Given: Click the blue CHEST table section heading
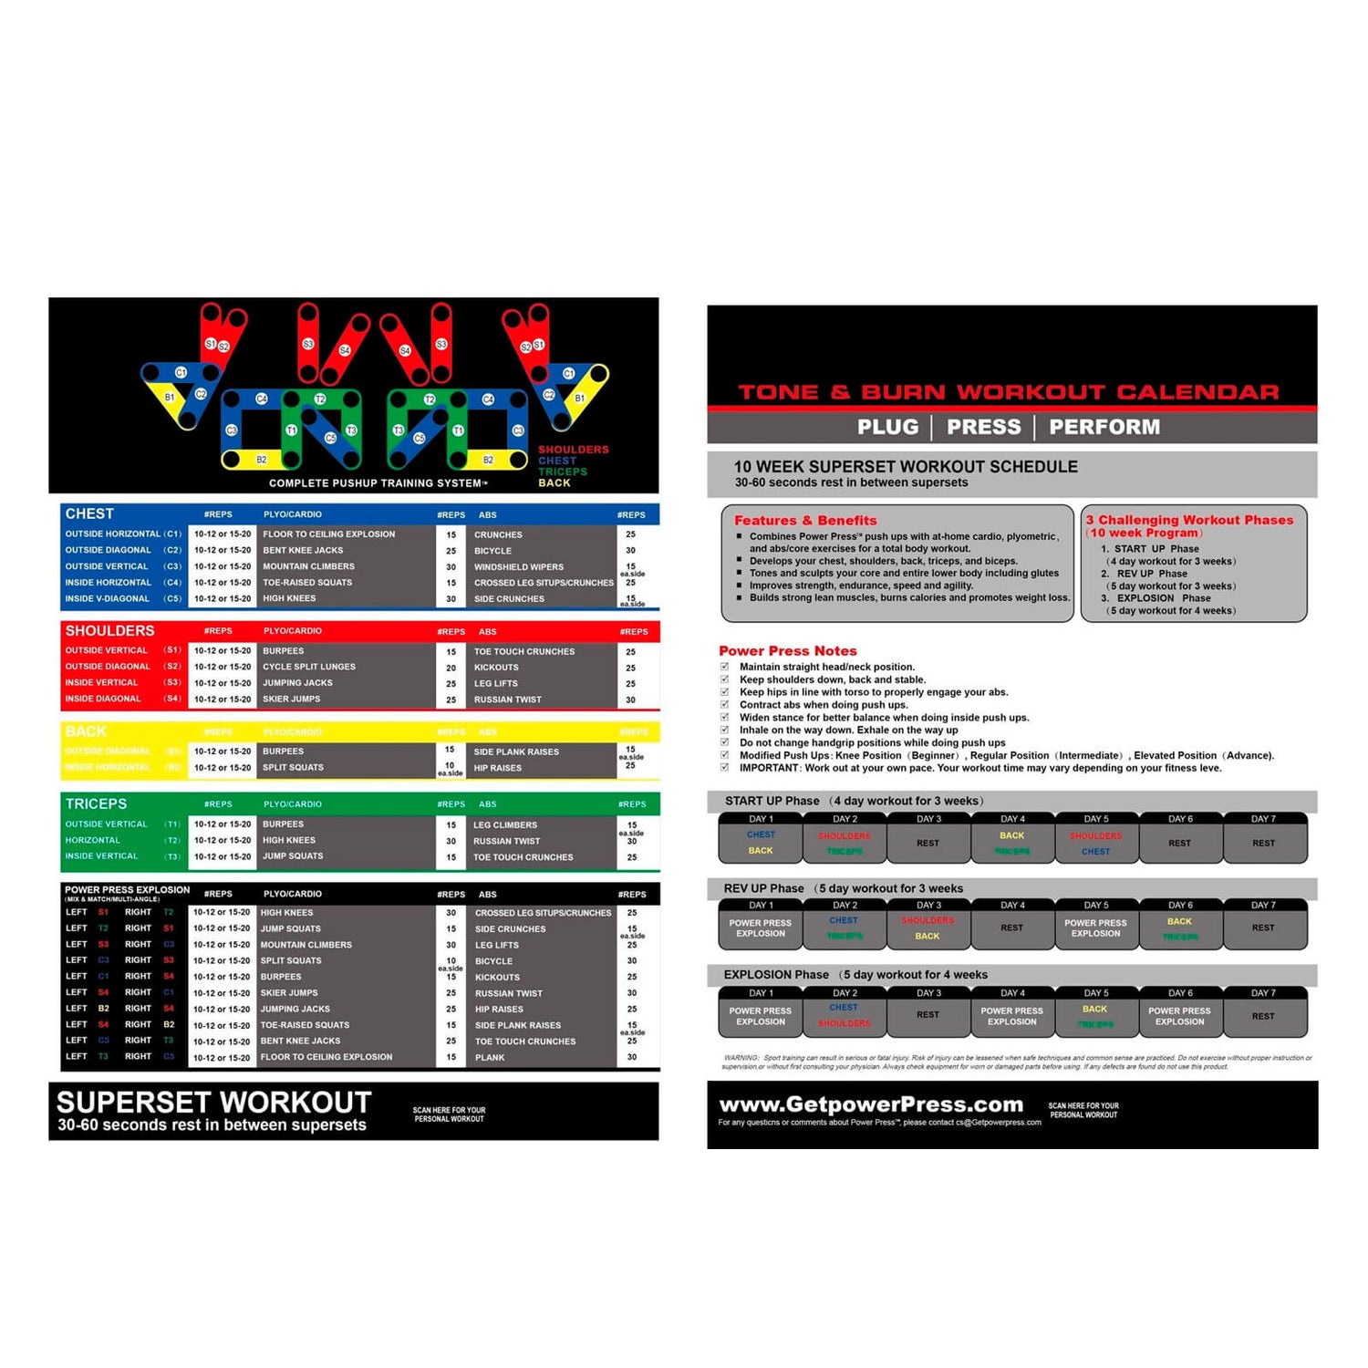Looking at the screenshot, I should [89, 513].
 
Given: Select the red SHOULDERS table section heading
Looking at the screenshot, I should [109, 630].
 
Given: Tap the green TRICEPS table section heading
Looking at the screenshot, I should [96, 803].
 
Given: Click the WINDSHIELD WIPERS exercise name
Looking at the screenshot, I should [518, 566].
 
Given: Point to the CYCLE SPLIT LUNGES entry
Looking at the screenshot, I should [309, 667].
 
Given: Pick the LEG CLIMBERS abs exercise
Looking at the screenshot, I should [505, 824].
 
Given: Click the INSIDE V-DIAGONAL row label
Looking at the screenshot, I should [107, 598].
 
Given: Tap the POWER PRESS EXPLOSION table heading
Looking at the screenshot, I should [127, 890].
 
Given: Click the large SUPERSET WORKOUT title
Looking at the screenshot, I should [213, 1102].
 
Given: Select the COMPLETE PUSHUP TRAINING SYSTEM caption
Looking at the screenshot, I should [377, 483].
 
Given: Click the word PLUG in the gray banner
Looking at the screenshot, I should [887, 427].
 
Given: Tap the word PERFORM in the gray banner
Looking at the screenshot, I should [1104, 427].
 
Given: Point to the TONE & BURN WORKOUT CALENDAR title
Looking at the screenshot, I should [1008, 392].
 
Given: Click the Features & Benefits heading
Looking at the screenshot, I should [805, 520].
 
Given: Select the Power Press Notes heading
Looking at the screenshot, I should [788, 650].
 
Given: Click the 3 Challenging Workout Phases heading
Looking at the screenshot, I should [1189, 520].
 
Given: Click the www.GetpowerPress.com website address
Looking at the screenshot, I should [871, 1104].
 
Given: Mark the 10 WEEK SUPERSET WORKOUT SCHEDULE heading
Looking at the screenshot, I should [906, 466].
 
